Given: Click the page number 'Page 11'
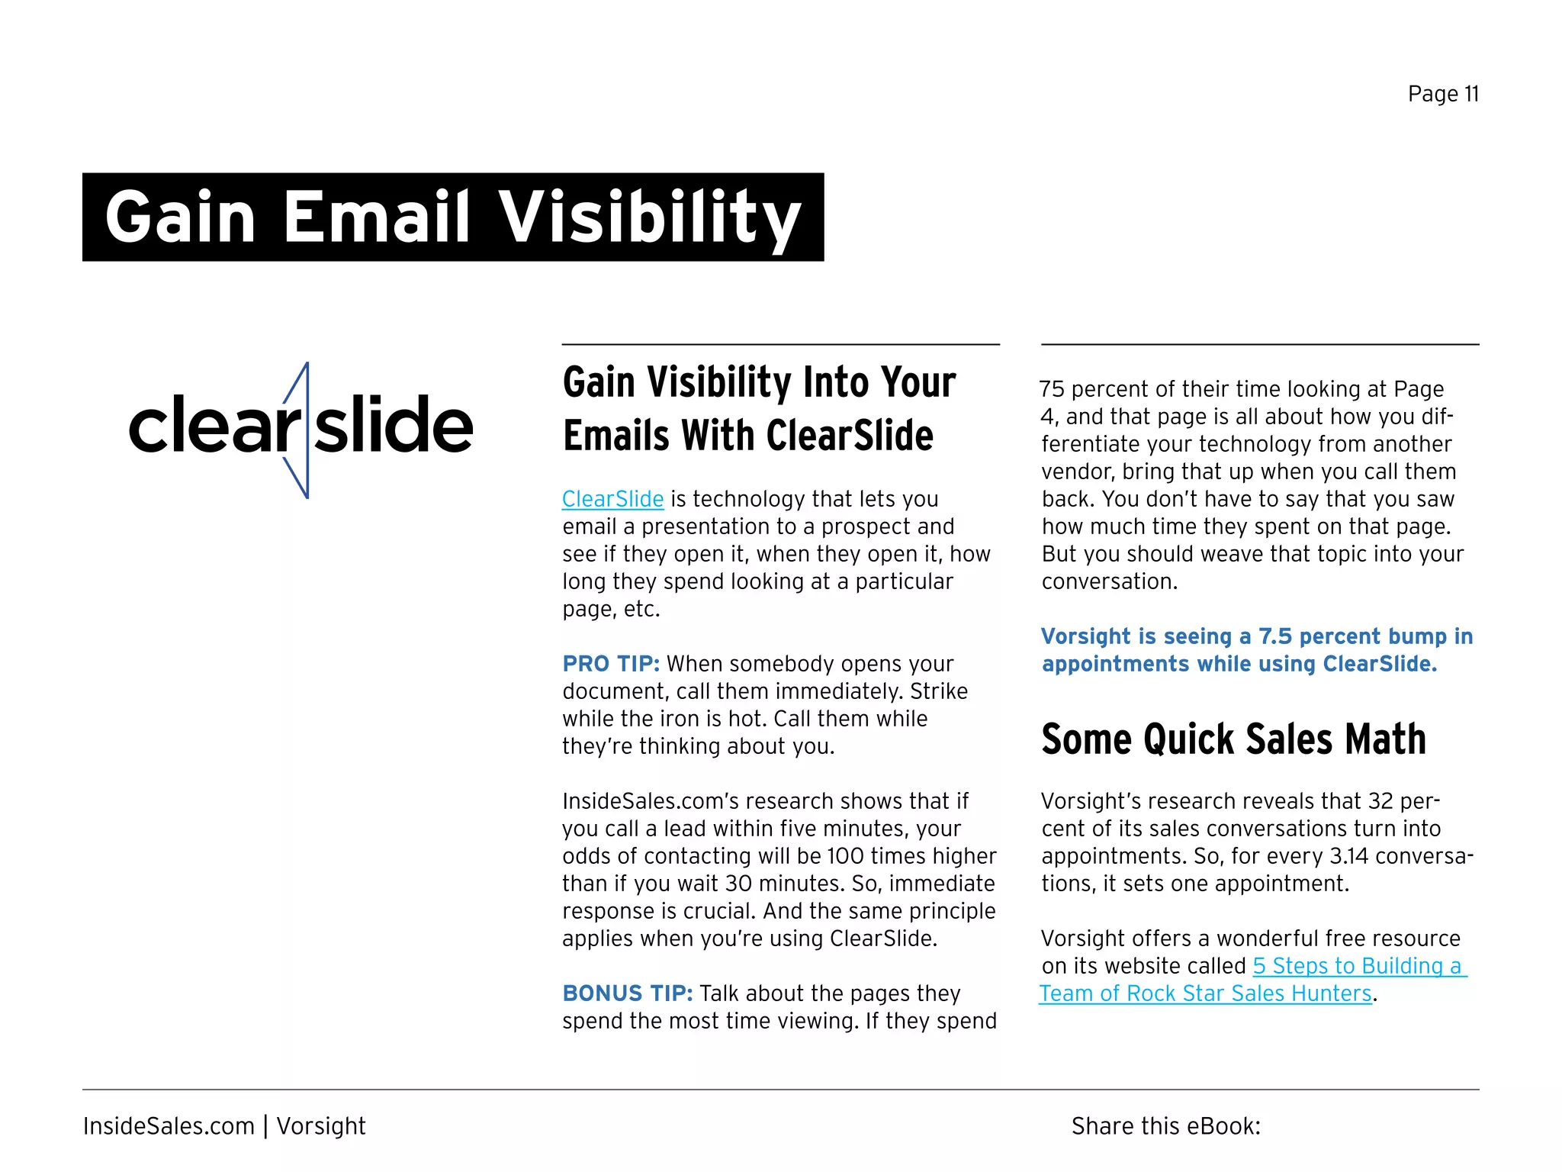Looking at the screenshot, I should [1443, 94].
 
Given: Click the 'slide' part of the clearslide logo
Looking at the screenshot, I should [394, 424].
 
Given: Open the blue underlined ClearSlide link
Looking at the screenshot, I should [612, 499].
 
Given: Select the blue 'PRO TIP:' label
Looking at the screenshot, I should [611, 664].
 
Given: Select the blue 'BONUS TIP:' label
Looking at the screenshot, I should [627, 993].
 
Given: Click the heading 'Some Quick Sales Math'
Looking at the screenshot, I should [1233, 739].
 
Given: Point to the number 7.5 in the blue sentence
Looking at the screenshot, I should [1274, 636].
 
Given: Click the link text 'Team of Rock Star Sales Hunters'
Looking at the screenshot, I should [1205, 993].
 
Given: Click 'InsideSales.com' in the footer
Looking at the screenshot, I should [169, 1126].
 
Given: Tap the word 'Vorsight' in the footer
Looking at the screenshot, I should [321, 1126].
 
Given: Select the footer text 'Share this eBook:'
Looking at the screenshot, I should [1165, 1126].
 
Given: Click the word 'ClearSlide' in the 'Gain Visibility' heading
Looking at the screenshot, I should [850, 436].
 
